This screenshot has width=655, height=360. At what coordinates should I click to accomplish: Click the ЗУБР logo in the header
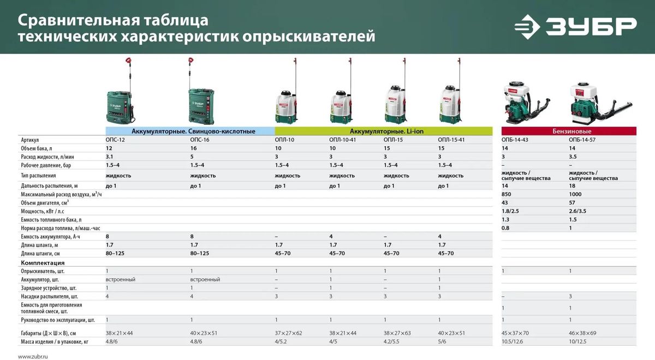(x=575, y=27)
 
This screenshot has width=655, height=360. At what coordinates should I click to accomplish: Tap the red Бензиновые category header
(x=569, y=131)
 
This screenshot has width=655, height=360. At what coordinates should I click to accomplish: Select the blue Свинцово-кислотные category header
(x=190, y=131)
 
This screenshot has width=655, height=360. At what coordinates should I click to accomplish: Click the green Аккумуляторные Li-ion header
(x=384, y=131)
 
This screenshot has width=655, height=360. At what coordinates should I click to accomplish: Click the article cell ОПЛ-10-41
(x=342, y=140)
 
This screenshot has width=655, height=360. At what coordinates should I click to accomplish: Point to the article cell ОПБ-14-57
(x=582, y=140)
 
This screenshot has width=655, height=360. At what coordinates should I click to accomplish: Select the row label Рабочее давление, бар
(x=46, y=165)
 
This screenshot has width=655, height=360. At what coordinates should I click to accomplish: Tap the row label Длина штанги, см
(x=40, y=254)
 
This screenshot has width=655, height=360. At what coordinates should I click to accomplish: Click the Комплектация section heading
(x=43, y=263)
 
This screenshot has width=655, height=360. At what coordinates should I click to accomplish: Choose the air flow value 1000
(x=575, y=194)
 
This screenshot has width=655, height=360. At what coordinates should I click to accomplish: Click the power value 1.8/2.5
(x=510, y=211)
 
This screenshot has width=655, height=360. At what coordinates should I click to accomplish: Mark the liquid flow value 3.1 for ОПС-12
(x=109, y=157)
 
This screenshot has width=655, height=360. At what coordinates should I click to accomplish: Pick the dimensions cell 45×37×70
(x=515, y=333)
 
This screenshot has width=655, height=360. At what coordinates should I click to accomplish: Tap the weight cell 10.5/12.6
(x=512, y=341)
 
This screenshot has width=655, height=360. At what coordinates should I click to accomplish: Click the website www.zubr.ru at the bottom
(x=33, y=357)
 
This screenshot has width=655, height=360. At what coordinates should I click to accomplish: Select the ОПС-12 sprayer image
(x=121, y=91)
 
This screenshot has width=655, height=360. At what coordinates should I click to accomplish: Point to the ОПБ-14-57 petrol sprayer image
(x=599, y=103)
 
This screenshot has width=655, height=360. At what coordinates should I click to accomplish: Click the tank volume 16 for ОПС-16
(x=193, y=148)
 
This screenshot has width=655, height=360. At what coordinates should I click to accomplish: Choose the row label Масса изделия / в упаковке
(x=55, y=342)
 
